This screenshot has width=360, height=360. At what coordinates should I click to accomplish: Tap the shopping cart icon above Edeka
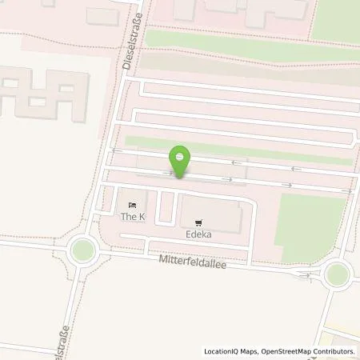click(x=197, y=223)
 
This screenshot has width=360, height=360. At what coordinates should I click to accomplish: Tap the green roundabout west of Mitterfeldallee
click(x=82, y=251)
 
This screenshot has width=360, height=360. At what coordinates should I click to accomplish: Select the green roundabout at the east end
click(x=337, y=274)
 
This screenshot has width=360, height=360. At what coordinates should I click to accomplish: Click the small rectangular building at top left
click(x=101, y=16)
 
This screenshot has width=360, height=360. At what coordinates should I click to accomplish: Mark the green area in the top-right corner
click(x=336, y=20)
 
